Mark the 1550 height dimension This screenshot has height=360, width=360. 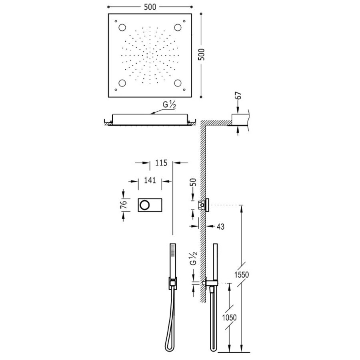tap(242, 275)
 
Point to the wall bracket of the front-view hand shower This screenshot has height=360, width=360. tap(172, 283)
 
